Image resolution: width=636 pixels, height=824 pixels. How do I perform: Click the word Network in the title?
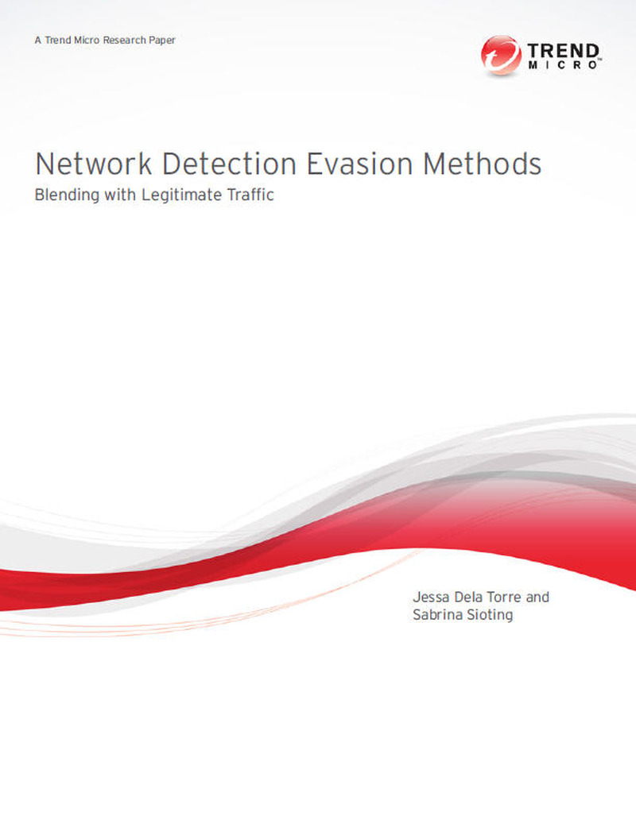click(x=94, y=164)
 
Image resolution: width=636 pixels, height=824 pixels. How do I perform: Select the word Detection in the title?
click(x=229, y=164)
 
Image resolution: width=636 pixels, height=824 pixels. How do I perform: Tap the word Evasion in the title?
click(x=359, y=164)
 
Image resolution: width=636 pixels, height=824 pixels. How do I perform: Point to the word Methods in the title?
click(x=482, y=164)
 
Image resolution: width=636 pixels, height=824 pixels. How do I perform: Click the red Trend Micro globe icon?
click(x=501, y=55)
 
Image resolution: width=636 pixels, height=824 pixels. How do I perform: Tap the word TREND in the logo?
click(x=563, y=51)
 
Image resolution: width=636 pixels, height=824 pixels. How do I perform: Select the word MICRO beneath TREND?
click(x=563, y=65)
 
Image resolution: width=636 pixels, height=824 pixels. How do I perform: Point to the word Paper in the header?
click(x=162, y=41)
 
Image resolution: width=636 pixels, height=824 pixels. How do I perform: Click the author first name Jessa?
click(x=431, y=597)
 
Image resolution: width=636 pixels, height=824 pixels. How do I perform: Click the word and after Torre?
click(x=537, y=597)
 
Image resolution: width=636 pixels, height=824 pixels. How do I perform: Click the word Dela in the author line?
click(x=468, y=597)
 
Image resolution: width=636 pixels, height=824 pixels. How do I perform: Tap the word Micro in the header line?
click(x=87, y=40)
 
